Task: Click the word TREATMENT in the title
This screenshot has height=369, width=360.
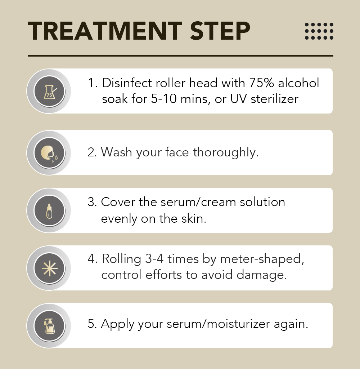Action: tap(105, 31)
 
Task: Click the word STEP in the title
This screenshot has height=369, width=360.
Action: tap(220, 31)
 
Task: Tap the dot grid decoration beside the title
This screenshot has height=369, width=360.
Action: tap(319, 31)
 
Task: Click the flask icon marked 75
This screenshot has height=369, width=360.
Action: tap(50, 92)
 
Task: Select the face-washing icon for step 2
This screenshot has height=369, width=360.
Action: tap(49, 153)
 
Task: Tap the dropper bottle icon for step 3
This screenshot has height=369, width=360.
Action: tap(49, 211)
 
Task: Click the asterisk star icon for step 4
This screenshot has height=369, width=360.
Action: tap(49, 268)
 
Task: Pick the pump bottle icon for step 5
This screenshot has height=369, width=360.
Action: tap(49, 326)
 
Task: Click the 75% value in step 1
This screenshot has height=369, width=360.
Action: tap(261, 83)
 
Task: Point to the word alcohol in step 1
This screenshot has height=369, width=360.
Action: tap(299, 83)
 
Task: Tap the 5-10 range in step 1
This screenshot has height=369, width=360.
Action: tap(164, 99)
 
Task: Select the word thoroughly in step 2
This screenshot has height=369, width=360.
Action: tap(226, 152)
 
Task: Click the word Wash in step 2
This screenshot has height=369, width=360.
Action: tap(116, 152)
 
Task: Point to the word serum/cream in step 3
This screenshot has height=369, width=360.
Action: tap(198, 202)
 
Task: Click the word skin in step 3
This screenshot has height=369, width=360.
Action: tap(194, 219)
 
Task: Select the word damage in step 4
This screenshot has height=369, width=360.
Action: tap(261, 275)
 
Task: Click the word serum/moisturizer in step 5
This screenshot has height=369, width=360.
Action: tap(218, 324)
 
